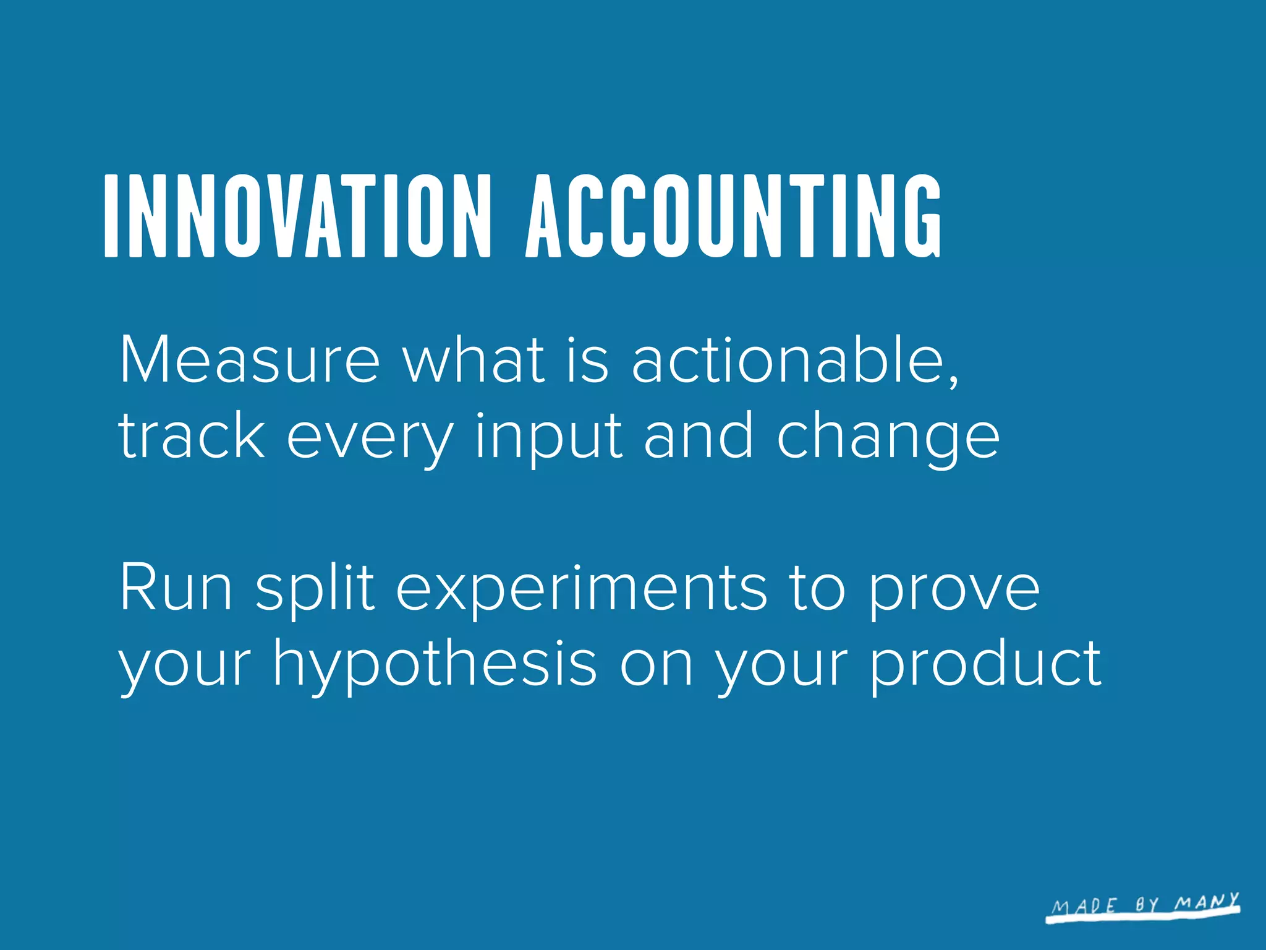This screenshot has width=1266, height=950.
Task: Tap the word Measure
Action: pyautogui.click(x=249, y=360)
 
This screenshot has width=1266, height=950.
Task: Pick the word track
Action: pyautogui.click(x=192, y=435)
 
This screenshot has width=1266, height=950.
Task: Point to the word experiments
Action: pyautogui.click(x=581, y=591)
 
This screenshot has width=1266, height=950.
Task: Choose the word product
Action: pyautogui.click(x=985, y=664)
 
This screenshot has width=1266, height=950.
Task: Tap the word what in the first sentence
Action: pyautogui.click(x=474, y=360)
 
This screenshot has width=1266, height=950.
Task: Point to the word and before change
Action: pyautogui.click(x=698, y=435)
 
